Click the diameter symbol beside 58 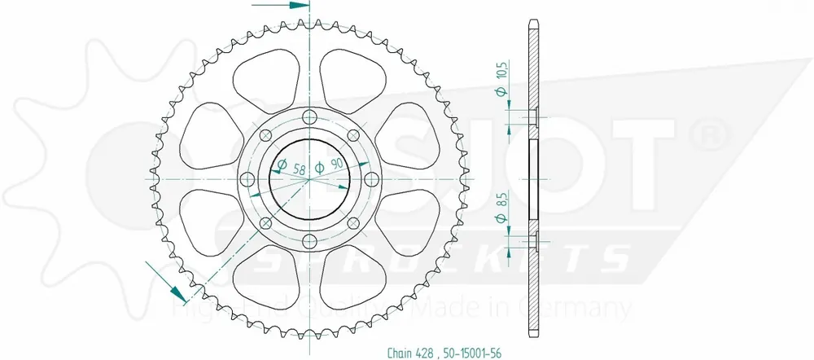pos(281,167)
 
